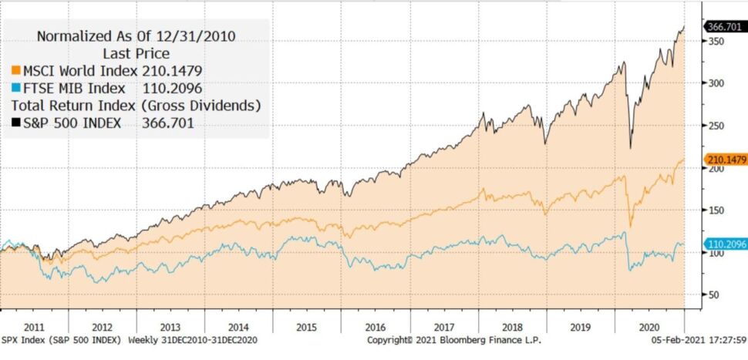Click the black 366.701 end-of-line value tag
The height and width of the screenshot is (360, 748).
click(725, 26)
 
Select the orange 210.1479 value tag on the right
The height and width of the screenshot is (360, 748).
click(726, 160)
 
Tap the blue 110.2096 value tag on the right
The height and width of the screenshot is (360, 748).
click(726, 244)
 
